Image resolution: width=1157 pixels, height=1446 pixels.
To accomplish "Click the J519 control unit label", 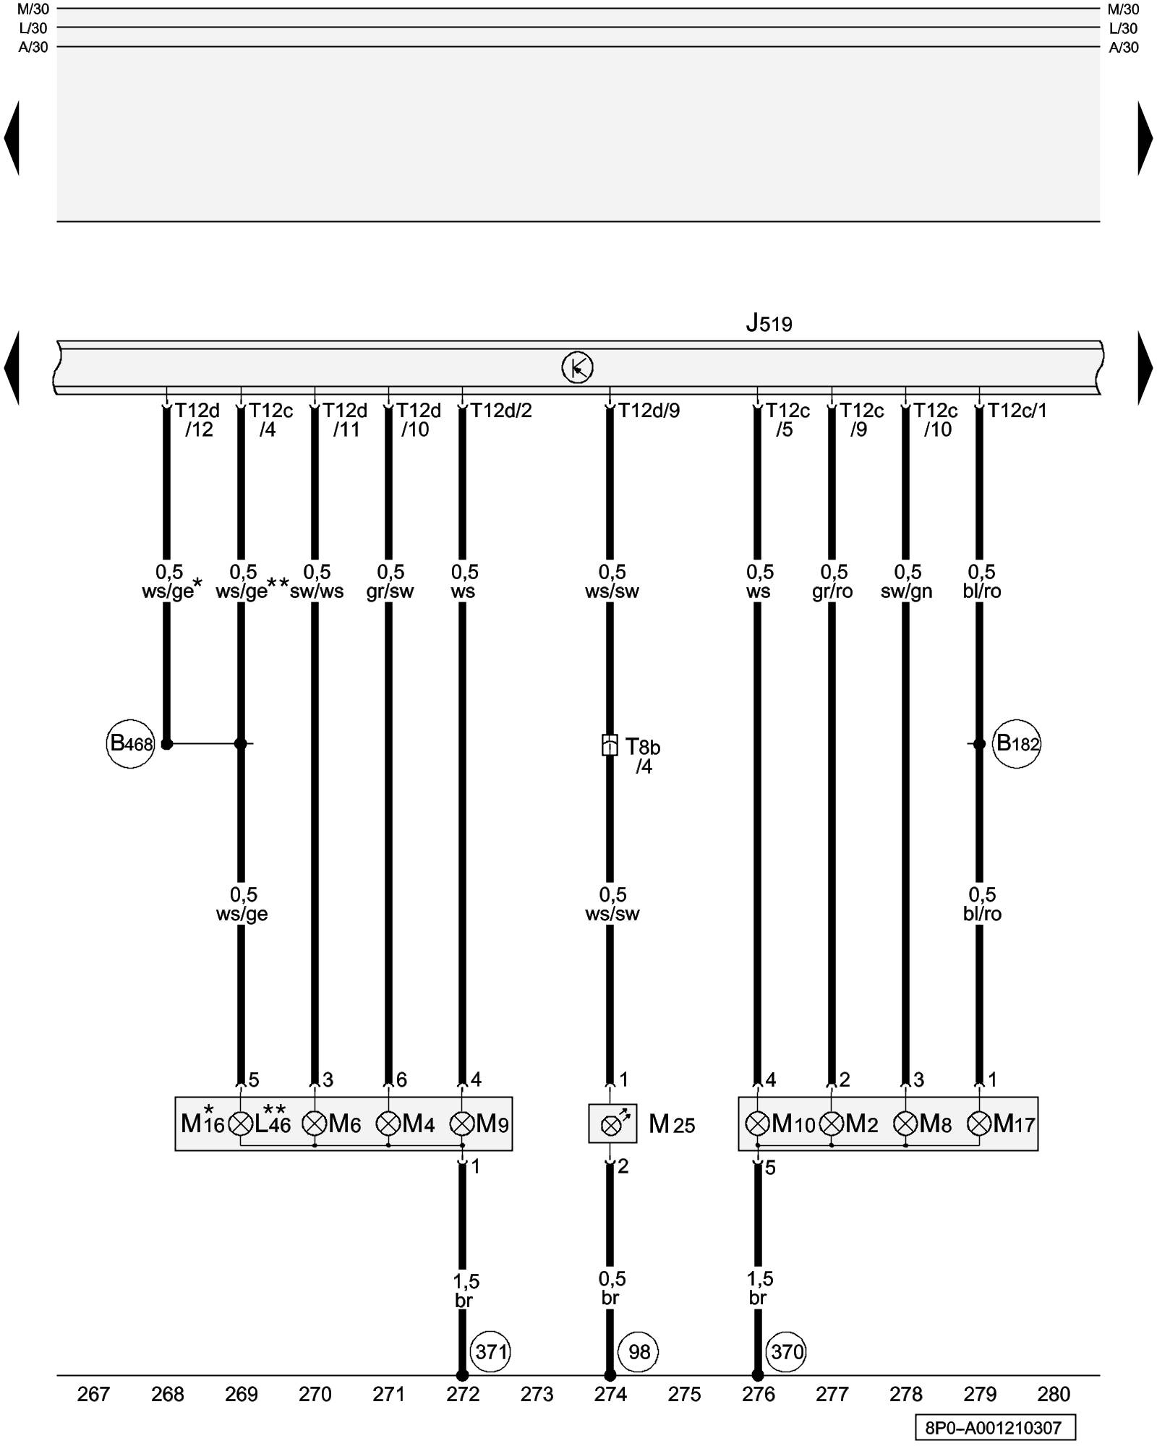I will tap(769, 323).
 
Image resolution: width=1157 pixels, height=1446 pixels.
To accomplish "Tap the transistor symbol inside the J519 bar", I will tap(577, 367).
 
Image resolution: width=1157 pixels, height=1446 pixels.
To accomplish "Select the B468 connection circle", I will tap(131, 743).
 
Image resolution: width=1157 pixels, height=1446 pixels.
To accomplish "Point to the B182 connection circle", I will tap(1017, 743).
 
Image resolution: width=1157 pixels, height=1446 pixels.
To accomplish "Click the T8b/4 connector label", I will tap(642, 756).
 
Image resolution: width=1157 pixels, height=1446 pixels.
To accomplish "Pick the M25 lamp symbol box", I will tap(612, 1124).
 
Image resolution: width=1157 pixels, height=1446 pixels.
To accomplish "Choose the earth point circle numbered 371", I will tap(491, 1351).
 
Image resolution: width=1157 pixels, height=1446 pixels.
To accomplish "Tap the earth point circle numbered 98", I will tap(639, 1351).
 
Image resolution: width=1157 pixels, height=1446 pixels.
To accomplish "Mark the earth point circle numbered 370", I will tap(787, 1351).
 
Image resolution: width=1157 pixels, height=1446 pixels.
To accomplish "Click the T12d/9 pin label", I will tap(649, 411).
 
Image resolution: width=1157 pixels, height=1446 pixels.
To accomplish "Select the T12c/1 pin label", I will tap(1017, 411).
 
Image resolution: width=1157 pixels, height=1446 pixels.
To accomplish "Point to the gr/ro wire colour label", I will tap(832, 591).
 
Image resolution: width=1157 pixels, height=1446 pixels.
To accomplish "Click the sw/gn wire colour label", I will tap(906, 591).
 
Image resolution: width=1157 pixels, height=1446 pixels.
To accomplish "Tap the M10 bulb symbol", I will tap(757, 1124).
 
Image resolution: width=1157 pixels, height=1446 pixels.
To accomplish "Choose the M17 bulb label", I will tap(1014, 1124).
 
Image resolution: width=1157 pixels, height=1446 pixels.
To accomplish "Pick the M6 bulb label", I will tap(345, 1124).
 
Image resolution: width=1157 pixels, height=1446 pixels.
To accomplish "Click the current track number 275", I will tap(684, 1394).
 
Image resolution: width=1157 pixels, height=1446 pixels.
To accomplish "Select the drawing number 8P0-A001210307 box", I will tap(994, 1427).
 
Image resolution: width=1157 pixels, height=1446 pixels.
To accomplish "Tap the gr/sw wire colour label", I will tap(390, 591).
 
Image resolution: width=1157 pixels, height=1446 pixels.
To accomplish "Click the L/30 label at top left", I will tap(33, 29).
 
